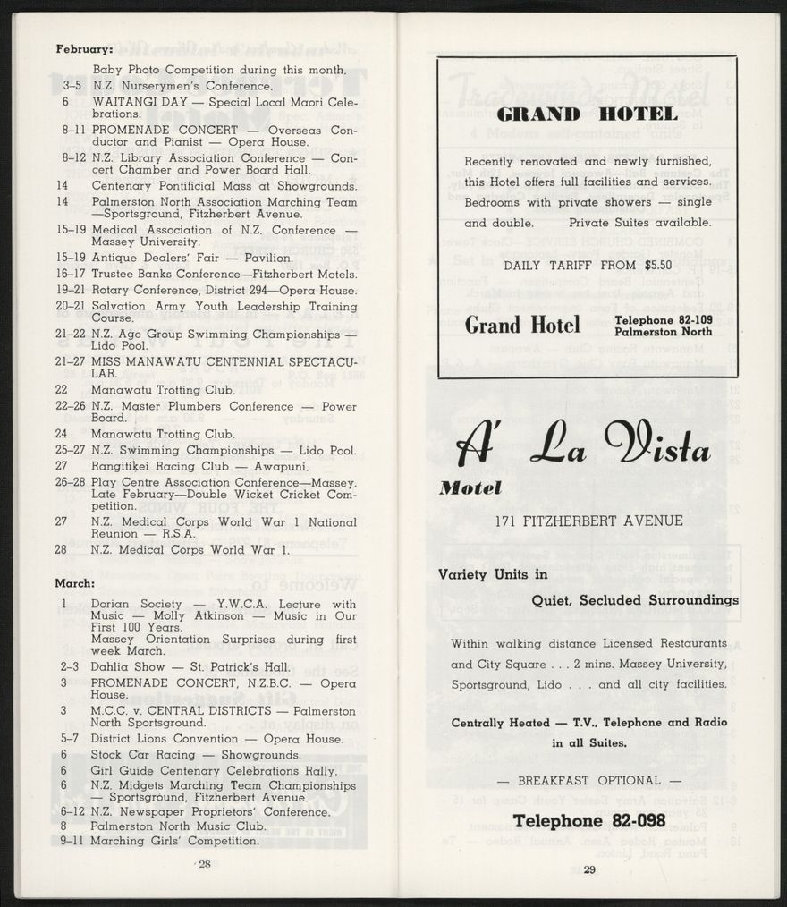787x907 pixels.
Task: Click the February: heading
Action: tap(83, 49)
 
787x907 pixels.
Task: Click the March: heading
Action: tap(74, 583)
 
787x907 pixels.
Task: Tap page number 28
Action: tap(204, 864)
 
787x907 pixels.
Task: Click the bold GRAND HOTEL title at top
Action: tap(587, 114)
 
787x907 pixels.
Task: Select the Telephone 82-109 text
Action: tap(664, 319)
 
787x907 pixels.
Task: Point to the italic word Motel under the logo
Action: tap(470, 487)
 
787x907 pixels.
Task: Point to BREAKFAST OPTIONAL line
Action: tap(588, 781)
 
